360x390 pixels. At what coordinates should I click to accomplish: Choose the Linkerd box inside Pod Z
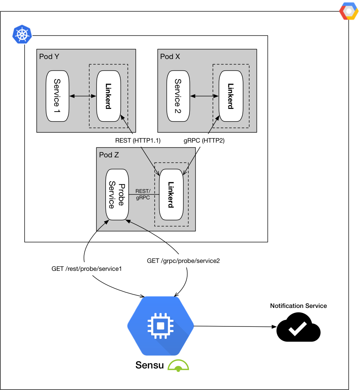coord(171,194)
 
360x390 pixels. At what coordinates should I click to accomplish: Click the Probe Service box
coord(117,194)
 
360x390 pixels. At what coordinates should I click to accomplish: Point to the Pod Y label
coord(49,56)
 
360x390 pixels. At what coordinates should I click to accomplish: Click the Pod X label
coord(170,56)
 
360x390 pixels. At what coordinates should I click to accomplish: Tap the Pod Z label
coord(109,155)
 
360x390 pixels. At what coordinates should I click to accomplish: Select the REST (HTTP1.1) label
coord(138,141)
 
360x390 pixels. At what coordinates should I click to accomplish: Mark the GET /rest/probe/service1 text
coord(88,269)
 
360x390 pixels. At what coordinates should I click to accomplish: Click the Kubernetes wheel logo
coord(22,34)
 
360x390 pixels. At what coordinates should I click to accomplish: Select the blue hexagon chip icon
coord(160,325)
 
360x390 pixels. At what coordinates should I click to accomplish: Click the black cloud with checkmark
coord(298,328)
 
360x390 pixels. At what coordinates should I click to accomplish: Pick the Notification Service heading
coord(298,306)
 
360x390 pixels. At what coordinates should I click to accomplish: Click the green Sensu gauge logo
coord(178,365)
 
